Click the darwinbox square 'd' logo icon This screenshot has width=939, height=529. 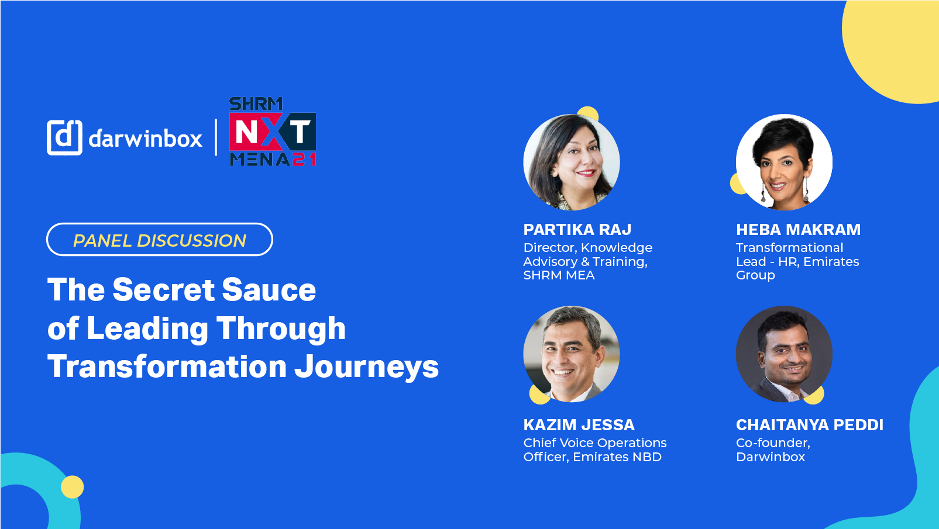(x=64, y=137)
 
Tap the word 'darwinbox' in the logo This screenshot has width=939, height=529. (x=146, y=138)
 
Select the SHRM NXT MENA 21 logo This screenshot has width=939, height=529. (x=273, y=132)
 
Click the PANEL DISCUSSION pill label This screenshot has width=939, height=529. (x=160, y=240)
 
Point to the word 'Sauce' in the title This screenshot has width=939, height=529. (x=269, y=289)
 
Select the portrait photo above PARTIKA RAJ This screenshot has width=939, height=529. (x=572, y=162)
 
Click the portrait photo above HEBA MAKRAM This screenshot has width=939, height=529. (x=784, y=162)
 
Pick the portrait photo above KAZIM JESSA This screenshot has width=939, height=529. (x=572, y=354)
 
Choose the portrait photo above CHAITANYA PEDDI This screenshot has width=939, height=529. (x=784, y=354)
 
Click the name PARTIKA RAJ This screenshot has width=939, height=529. (x=577, y=230)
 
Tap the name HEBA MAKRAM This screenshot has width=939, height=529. (x=798, y=230)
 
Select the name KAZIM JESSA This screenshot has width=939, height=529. (x=579, y=425)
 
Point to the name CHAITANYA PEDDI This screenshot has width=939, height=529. (x=810, y=425)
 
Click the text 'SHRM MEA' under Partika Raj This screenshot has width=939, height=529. (x=559, y=275)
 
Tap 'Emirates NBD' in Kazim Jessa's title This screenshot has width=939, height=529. (x=617, y=457)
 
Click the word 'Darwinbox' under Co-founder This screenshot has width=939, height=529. (x=771, y=457)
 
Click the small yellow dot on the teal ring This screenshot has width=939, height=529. (x=72, y=487)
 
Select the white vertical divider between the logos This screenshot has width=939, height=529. (x=216, y=137)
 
